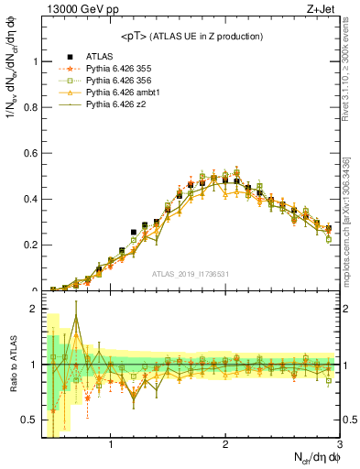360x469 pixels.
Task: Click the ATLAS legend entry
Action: [x=99, y=57]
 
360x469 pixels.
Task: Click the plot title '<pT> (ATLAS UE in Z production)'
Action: [x=191, y=36]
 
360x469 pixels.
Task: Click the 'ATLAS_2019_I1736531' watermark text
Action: [x=191, y=274]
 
